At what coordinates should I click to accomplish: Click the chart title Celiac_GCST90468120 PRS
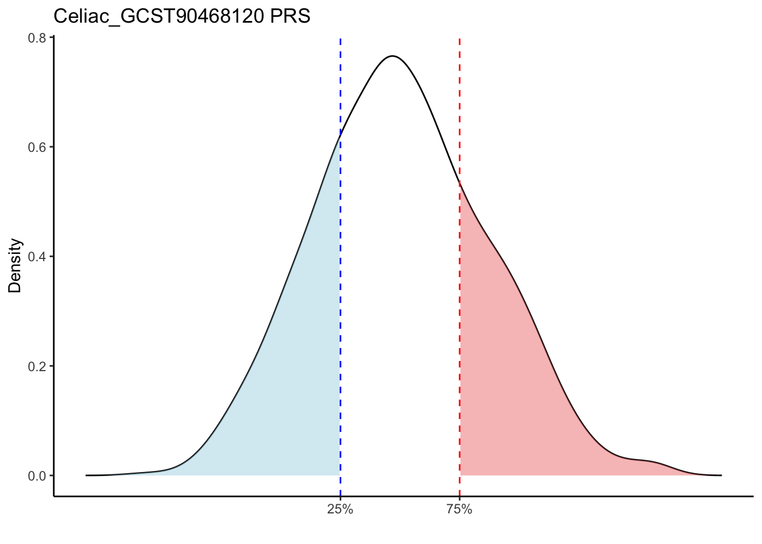(181, 16)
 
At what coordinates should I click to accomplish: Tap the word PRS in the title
(290, 16)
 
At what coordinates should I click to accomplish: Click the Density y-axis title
(15, 265)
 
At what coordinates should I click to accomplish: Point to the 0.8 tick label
(37, 38)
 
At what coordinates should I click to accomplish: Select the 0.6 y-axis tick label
(37, 147)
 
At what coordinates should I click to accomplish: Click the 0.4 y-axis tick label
(37, 256)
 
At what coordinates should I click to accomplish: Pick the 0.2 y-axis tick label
(37, 365)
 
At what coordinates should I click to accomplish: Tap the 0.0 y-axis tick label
(37, 475)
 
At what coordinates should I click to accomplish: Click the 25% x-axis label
(340, 509)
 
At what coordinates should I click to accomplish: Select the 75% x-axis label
(459, 509)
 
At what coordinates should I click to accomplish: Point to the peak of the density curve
(392, 56)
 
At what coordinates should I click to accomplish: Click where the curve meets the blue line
(340, 136)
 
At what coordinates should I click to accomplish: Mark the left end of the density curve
(87, 475)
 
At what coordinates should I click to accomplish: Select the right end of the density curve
(721, 475)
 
